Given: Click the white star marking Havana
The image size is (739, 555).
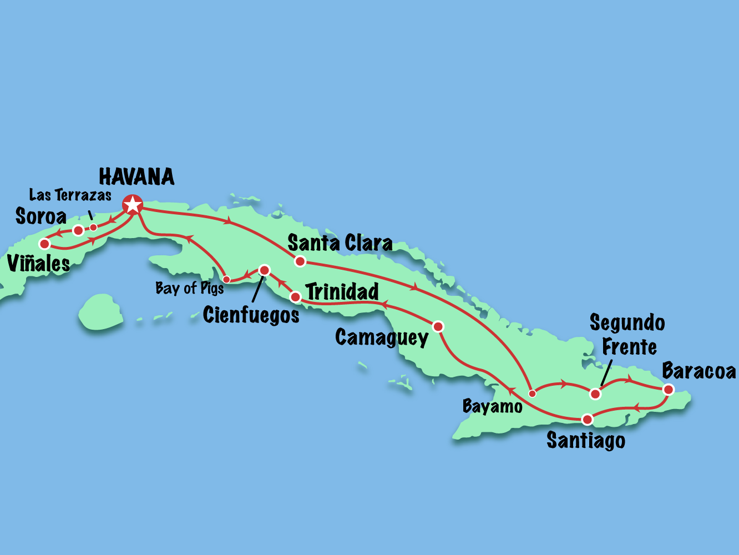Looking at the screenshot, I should coord(133,205).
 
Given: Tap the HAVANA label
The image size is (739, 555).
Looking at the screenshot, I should coord(136,177).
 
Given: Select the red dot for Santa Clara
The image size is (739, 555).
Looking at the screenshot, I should coord(300,261).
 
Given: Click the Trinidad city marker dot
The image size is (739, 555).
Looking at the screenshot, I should coord(296,297).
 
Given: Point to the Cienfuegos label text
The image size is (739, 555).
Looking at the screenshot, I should coord(251,315).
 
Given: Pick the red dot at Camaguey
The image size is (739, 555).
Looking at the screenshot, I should coord(438,326).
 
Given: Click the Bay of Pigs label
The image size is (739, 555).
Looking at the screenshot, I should coord(189,288).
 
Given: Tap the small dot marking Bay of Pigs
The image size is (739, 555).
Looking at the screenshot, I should coord(226,279).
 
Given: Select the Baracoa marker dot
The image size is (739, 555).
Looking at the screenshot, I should coord(669,390).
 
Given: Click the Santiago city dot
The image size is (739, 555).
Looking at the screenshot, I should coord(587,419).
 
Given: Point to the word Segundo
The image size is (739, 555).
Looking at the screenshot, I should coord(627,323).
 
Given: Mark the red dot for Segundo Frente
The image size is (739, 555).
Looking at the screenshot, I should coord(595,394).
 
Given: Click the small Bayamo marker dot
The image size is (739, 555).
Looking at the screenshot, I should coord(532,393).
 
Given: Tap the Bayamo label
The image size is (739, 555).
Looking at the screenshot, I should coord(492,407).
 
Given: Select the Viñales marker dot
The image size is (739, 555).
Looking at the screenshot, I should coord(44,244).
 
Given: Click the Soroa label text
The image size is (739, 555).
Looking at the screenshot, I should coord(41,216).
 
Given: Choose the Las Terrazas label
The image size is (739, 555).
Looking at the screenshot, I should coord(70,195).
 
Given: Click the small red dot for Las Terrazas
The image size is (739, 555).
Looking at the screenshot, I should coord(94,227).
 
